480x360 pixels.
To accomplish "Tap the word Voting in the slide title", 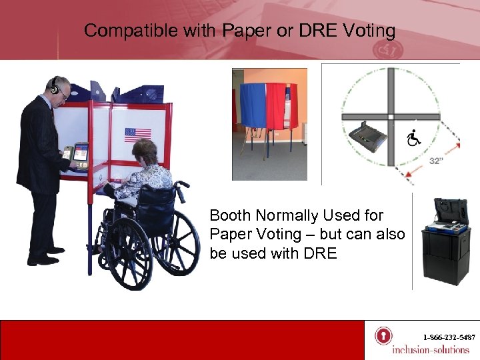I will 369,31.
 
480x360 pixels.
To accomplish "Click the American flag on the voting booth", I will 138,135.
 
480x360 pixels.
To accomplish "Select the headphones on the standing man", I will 55,86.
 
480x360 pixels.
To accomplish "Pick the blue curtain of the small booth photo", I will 254,107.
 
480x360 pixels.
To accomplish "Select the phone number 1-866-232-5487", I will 447,338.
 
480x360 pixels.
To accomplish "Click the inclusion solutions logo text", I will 431,349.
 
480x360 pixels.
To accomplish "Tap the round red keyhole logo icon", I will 383,335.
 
